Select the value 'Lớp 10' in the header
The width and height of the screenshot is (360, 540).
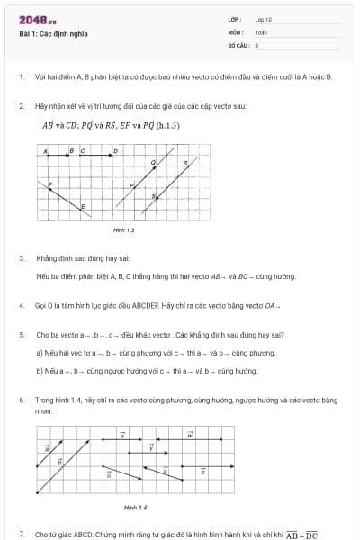tap(263, 19)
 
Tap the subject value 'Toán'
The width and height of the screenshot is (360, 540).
tap(261, 31)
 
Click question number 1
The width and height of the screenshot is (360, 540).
tap(21, 77)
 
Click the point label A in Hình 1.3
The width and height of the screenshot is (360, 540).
tap(46, 150)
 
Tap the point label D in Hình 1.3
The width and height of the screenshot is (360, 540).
tap(115, 150)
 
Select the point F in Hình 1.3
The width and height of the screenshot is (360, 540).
tap(50, 184)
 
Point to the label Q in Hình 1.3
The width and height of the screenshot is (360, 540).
tap(153, 163)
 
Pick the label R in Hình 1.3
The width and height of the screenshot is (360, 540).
tap(185, 163)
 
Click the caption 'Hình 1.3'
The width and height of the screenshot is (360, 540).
tap(123, 230)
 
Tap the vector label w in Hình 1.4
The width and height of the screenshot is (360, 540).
tap(190, 436)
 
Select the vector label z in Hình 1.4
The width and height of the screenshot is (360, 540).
tap(202, 471)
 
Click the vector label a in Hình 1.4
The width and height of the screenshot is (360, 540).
tap(47, 448)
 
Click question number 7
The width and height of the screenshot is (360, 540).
tap(21, 534)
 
